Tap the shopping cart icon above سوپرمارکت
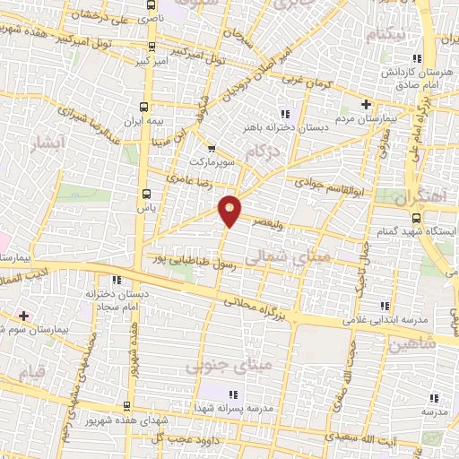coord(212,149)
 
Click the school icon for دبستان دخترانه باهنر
coord(285,114)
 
